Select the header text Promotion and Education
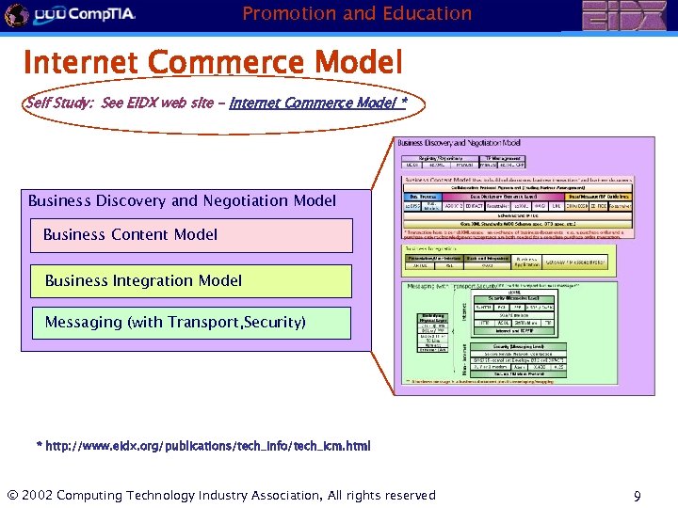pyautogui.click(x=357, y=13)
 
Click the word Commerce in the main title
pyautogui.click(x=226, y=62)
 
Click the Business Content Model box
pyautogui.click(x=192, y=235)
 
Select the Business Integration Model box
pyautogui.click(x=192, y=280)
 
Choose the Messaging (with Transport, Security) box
pyautogui.click(x=192, y=323)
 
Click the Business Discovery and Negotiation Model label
pyautogui.click(x=182, y=200)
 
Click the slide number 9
pyautogui.click(x=638, y=496)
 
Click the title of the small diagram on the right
pyautogui.click(x=459, y=143)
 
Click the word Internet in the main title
pyautogui.click(x=81, y=62)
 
